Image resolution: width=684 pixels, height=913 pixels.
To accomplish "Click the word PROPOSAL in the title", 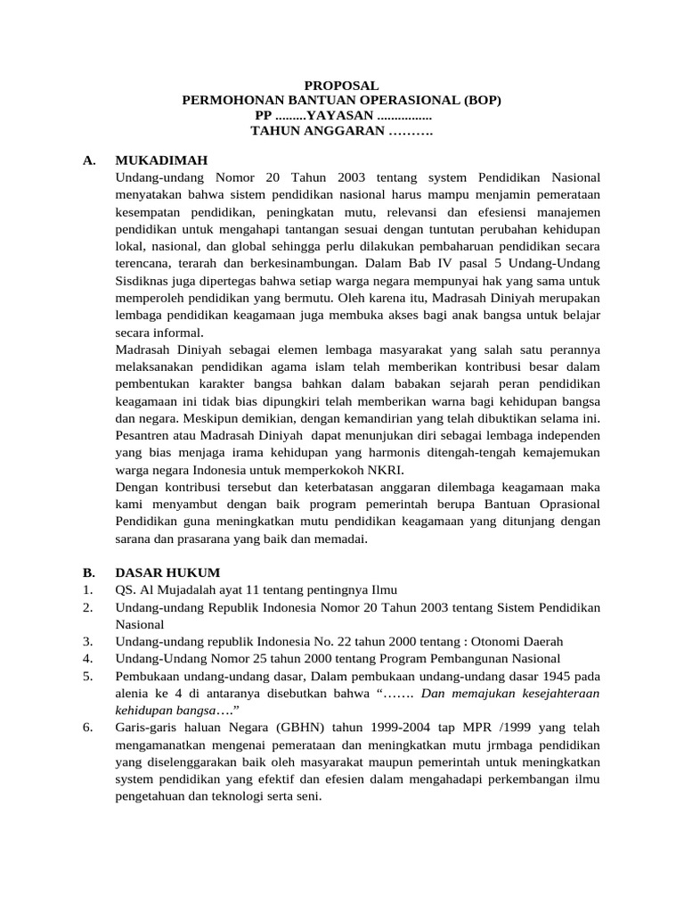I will (342, 86).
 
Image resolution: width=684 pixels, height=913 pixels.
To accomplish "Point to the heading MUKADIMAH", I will (161, 160).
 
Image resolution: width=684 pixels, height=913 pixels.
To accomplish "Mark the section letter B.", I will (87, 572).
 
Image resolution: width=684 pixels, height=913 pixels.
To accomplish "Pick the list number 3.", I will (86, 642).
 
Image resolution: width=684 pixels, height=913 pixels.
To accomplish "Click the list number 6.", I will (86, 728).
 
